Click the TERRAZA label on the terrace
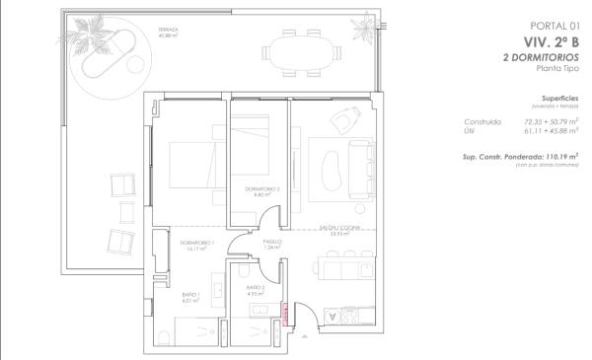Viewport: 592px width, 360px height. [169, 31]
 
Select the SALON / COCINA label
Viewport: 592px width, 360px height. [340, 230]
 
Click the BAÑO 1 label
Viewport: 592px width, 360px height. [190, 295]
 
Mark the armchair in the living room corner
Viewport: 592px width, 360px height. [344, 121]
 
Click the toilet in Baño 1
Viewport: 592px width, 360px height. [163, 340]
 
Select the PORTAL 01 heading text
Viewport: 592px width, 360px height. [553, 26]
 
